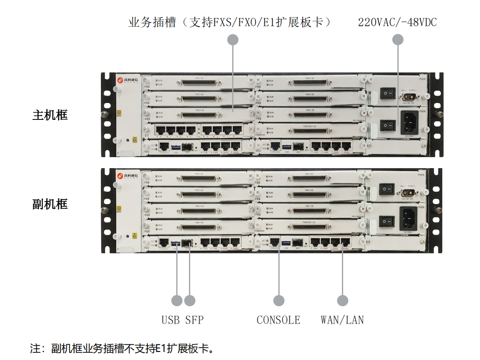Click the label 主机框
(x=50, y=115)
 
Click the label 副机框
(x=50, y=204)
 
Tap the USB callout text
(x=170, y=320)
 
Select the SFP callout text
(x=194, y=320)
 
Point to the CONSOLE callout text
(x=278, y=320)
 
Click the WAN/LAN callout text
(x=342, y=320)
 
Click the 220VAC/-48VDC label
(x=397, y=22)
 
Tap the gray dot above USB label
(x=177, y=300)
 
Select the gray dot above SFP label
(x=190, y=300)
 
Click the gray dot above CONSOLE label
(x=278, y=300)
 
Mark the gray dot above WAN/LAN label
(x=342, y=300)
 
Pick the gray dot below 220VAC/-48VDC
(x=397, y=40)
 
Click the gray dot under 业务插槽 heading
(x=233, y=40)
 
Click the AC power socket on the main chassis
(x=410, y=123)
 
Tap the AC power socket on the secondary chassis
(x=409, y=219)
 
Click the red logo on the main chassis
(x=120, y=80)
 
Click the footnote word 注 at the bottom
(x=35, y=349)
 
